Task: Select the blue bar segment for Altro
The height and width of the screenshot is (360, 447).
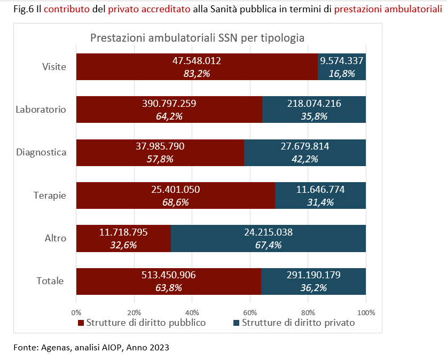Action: tap(268, 238)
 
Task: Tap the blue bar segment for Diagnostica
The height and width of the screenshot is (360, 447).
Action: tap(305, 153)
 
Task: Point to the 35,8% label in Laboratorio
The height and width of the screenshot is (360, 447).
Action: tap(314, 116)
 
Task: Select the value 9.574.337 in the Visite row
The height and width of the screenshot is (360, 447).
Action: tap(342, 61)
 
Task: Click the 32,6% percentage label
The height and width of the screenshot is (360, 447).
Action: tap(123, 245)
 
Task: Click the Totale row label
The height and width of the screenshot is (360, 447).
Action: tap(50, 281)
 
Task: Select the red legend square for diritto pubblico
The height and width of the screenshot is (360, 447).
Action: tap(81, 323)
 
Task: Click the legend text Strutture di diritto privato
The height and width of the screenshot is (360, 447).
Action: tap(298, 323)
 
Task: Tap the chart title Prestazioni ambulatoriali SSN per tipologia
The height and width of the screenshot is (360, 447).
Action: tap(198, 38)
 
